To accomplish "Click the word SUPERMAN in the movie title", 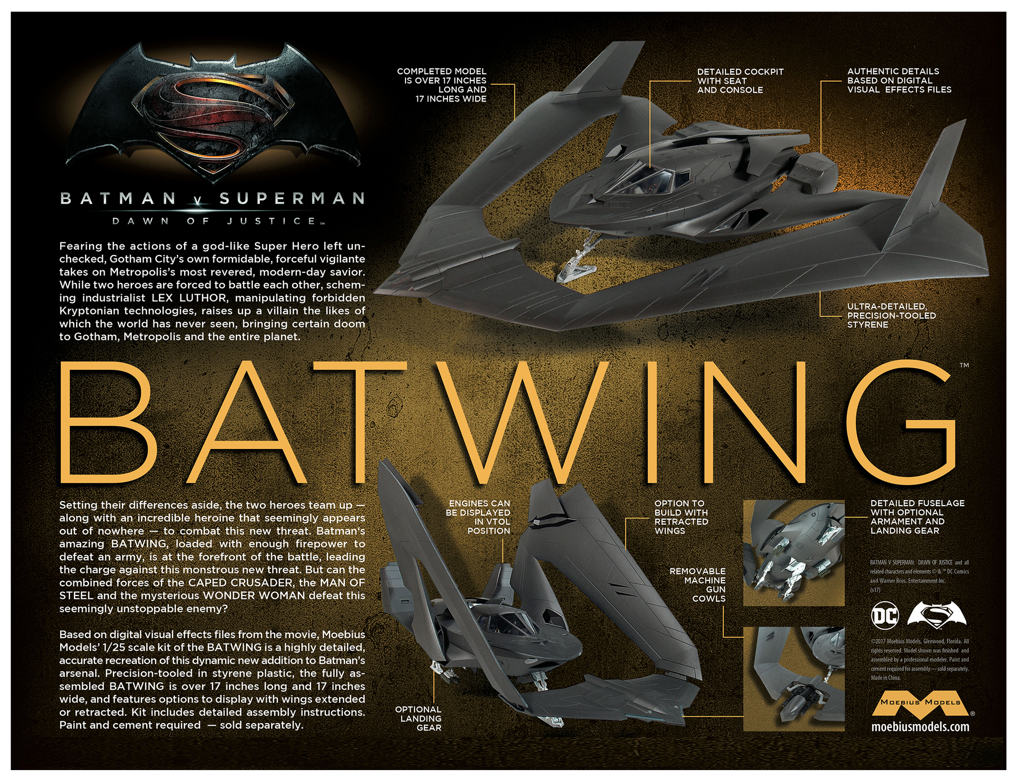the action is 292,199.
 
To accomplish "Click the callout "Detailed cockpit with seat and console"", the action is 740,81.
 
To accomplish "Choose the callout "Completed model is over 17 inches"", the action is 442,85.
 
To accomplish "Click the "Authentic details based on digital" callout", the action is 899,81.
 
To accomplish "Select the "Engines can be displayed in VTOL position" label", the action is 478,517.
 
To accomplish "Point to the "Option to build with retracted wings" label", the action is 681,517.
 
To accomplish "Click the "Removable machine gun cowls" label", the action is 698,585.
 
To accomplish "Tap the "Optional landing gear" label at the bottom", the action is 418,718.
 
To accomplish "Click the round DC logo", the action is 885,616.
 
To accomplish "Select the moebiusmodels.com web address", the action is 920,727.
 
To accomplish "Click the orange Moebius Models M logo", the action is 921,702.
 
